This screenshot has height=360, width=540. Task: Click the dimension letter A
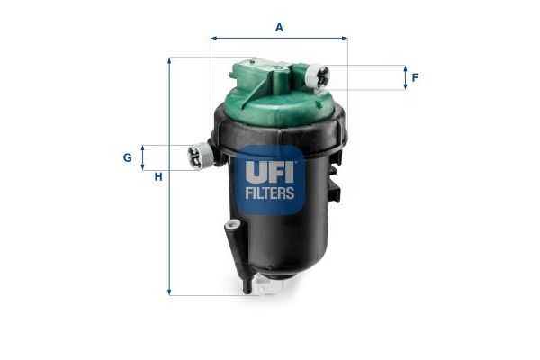(279, 27)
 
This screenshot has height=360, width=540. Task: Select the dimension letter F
(415, 77)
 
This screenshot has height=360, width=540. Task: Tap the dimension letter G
(128, 157)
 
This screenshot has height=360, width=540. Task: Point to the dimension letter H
(158, 176)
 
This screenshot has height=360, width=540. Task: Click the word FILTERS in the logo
(270, 193)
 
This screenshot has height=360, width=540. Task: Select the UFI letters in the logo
(270, 170)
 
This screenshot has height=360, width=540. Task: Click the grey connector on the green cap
(317, 78)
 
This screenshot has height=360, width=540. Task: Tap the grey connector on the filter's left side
(200, 157)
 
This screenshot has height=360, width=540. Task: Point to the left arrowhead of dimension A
(214, 38)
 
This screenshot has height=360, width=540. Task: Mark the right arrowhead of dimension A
(344, 38)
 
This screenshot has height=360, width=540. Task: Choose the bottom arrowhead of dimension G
(143, 167)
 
